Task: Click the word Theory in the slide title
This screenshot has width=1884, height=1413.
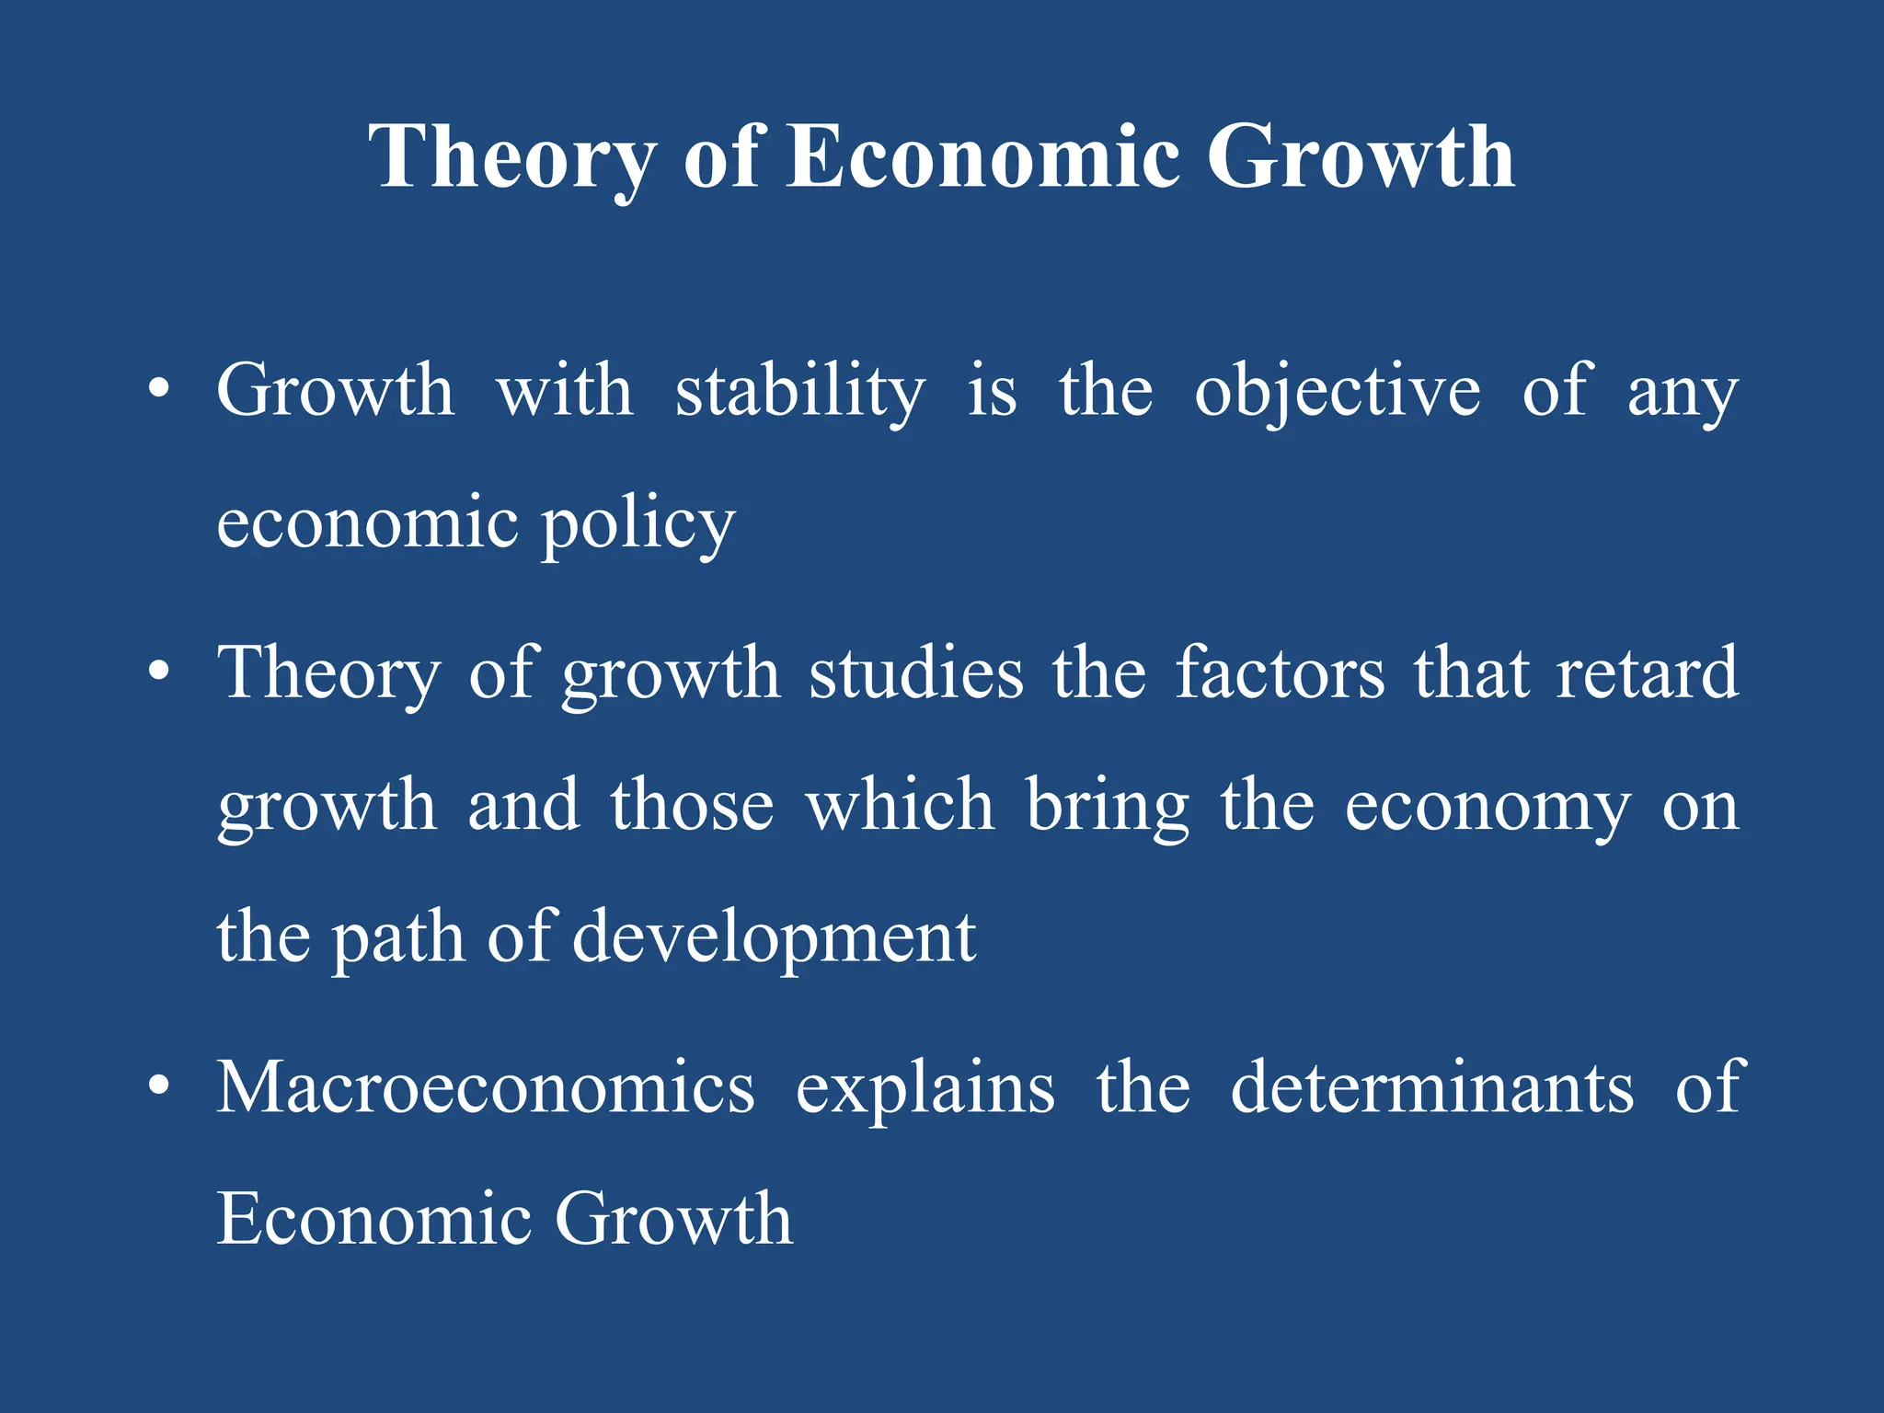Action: [511, 158]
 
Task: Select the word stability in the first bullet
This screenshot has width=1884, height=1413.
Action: [800, 392]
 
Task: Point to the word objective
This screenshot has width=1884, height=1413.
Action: [1338, 392]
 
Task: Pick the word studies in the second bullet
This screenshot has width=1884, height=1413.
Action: [915, 673]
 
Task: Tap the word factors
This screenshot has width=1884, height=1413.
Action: [1280, 673]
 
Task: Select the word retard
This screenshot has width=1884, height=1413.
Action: [1647, 673]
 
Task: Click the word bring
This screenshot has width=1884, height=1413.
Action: [1108, 807]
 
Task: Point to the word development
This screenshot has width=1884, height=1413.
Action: [774, 938]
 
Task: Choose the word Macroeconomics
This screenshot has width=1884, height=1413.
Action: [485, 1088]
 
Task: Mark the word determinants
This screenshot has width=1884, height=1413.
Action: [1431, 1088]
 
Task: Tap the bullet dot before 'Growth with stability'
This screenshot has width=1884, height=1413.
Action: [159, 390]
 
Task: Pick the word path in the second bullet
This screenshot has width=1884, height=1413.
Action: [397, 938]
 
